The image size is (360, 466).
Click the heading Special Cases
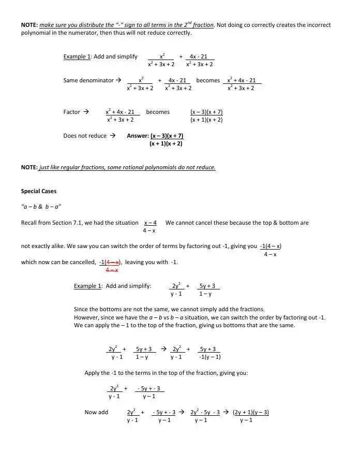click(39, 191)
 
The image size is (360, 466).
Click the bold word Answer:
click(138, 136)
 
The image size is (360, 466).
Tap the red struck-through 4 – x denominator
click(112, 270)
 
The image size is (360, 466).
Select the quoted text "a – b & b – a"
click(41, 206)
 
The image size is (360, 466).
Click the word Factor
click(72, 112)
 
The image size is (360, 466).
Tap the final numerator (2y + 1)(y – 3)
click(251, 412)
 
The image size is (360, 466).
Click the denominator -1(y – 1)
click(210, 357)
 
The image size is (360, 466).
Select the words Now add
click(96, 412)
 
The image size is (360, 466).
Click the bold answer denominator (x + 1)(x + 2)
click(166, 143)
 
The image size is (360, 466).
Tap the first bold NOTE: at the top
click(29, 25)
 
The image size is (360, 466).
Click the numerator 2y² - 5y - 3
click(205, 412)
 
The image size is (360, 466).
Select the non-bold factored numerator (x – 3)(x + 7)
click(206, 112)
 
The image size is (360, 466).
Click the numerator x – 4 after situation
click(151, 223)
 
